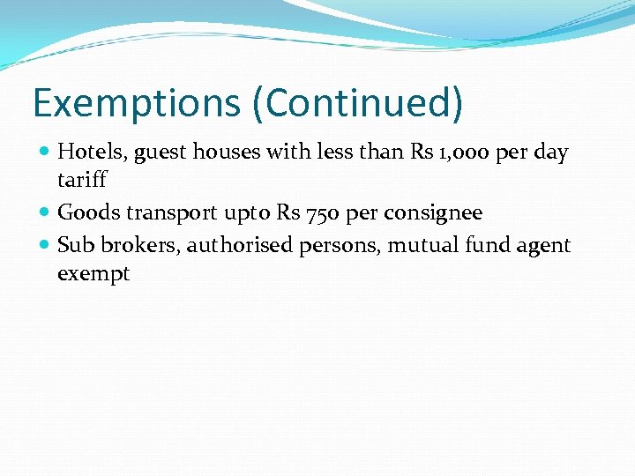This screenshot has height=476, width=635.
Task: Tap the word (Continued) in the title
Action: coord(357,102)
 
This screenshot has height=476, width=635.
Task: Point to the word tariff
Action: coord(82,180)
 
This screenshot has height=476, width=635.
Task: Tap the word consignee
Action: coord(433,213)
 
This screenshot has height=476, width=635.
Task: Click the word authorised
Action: coord(241,245)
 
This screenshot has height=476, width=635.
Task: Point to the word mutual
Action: coord(420,245)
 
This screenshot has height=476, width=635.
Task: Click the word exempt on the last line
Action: coord(93,274)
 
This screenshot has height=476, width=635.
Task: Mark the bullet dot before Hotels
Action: coord(45,152)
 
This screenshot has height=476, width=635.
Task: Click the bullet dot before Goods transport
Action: coord(45,212)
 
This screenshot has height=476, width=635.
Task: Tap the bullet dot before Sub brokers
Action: coord(45,245)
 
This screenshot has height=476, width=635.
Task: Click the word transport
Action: coord(176,213)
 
